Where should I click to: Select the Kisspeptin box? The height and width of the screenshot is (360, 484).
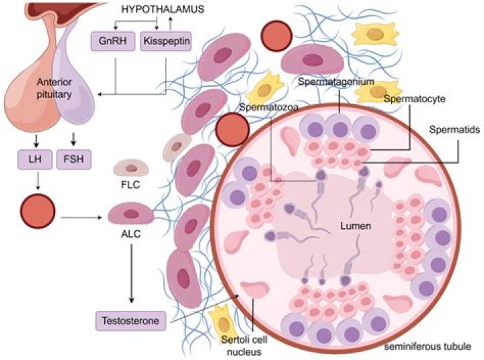pos(164,42)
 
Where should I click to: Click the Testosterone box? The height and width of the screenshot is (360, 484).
pos(130,320)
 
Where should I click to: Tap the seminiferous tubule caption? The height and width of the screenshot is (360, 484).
pos(425,346)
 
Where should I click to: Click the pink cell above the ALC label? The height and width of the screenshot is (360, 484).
pos(131,214)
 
